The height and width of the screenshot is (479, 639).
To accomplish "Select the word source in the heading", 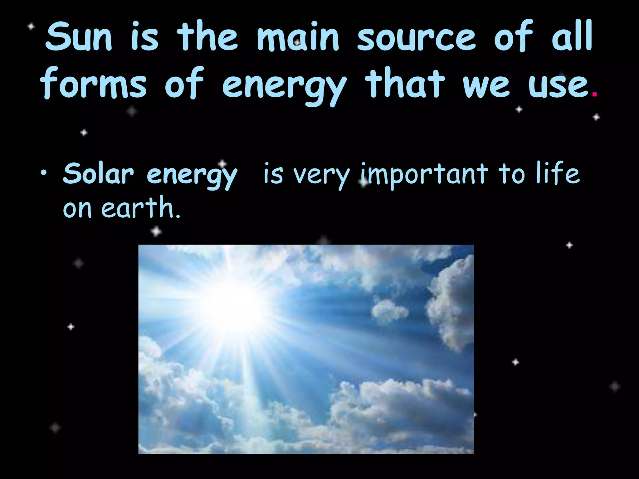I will pyautogui.click(x=416, y=37).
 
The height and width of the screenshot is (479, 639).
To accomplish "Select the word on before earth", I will pyautogui.click(x=77, y=209).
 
